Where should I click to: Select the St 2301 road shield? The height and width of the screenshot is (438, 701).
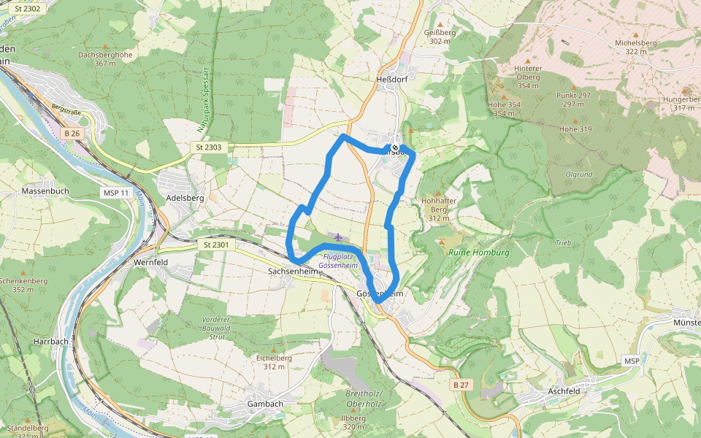(x=216, y=245)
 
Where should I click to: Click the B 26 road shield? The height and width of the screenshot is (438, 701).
(x=72, y=134)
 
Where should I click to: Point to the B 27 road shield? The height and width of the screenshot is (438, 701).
(x=460, y=385)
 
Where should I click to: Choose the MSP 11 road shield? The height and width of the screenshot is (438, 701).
(x=115, y=193)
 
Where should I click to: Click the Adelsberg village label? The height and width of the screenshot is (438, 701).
(x=185, y=197)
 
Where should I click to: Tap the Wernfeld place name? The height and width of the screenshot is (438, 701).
(x=150, y=261)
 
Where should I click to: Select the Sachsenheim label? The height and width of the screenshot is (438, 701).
(x=294, y=271)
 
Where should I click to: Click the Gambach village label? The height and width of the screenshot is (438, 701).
(x=265, y=404)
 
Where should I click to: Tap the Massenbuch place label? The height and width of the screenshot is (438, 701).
(x=45, y=191)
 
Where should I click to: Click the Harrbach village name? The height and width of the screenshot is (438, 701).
(x=51, y=341)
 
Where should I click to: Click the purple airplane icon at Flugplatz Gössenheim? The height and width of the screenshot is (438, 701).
(x=337, y=237)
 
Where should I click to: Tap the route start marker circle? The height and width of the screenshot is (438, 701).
(x=395, y=148)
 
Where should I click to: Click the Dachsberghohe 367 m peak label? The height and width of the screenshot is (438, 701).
(x=105, y=58)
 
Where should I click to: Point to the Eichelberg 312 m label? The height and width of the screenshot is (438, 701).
(x=274, y=362)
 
